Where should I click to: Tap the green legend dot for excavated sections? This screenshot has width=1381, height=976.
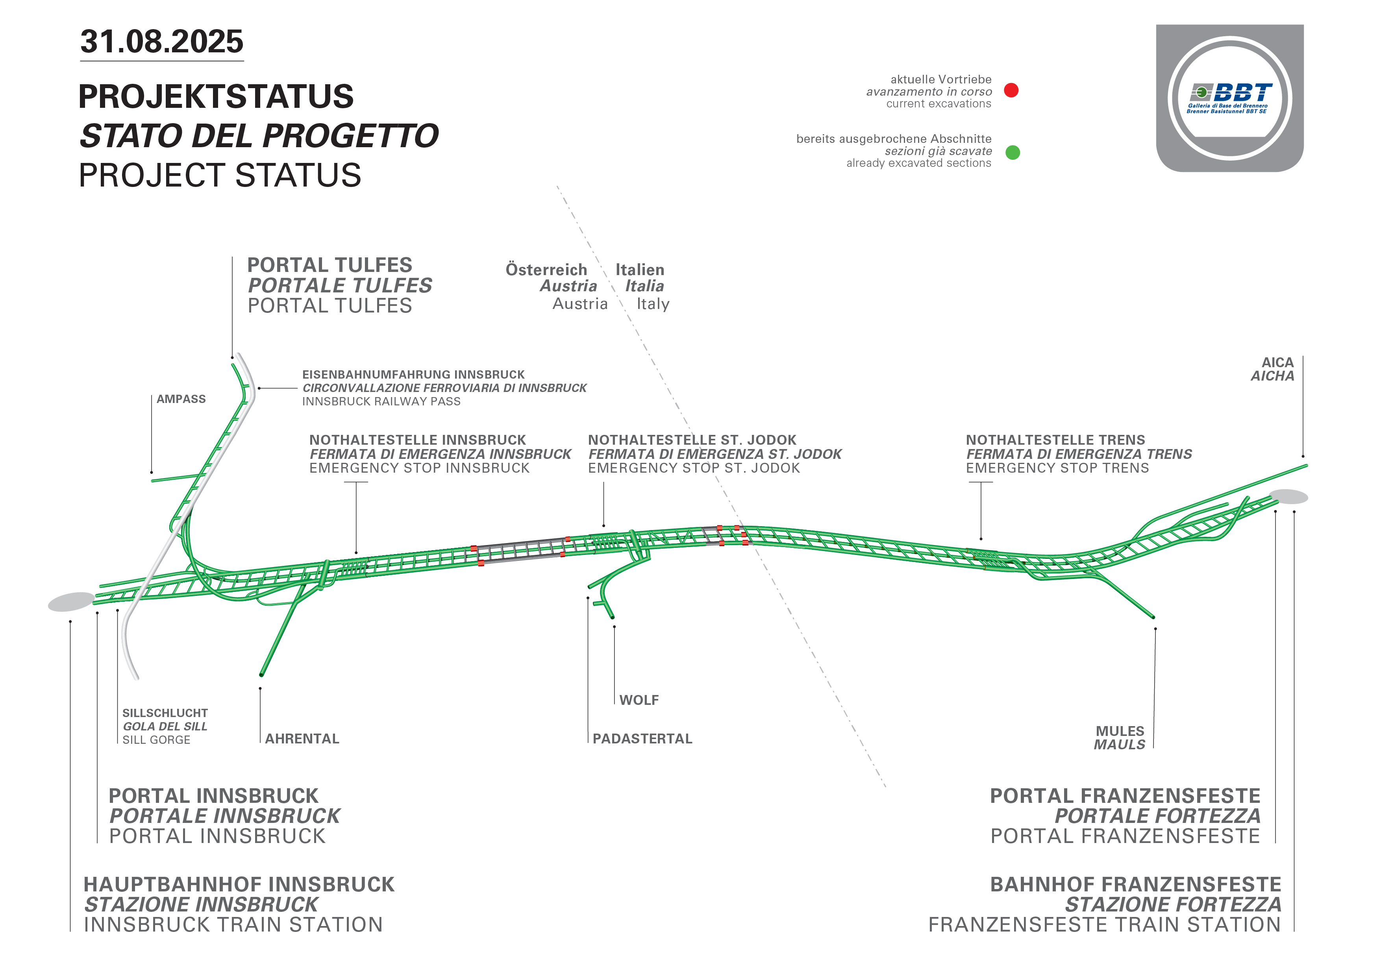click(1013, 152)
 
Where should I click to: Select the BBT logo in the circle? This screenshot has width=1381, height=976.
click(1230, 98)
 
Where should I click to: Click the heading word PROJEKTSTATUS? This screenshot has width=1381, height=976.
click(216, 96)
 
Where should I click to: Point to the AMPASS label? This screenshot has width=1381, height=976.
click(181, 399)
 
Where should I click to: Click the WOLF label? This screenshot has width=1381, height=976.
click(639, 700)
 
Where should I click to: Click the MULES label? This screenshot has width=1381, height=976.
click(1120, 731)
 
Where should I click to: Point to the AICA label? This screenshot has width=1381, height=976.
click(1277, 362)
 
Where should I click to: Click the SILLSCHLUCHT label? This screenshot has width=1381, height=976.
click(165, 713)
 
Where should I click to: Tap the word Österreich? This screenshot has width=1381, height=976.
click(546, 270)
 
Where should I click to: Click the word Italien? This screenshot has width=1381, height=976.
click(640, 270)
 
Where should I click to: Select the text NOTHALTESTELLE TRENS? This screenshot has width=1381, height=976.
click(1055, 440)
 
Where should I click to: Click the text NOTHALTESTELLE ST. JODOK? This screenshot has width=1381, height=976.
click(692, 440)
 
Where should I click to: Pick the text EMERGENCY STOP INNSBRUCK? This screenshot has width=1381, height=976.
click(419, 468)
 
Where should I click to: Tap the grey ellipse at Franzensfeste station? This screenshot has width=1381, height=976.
click(1288, 497)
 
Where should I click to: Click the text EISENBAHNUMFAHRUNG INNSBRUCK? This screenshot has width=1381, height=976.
click(413, 375)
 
